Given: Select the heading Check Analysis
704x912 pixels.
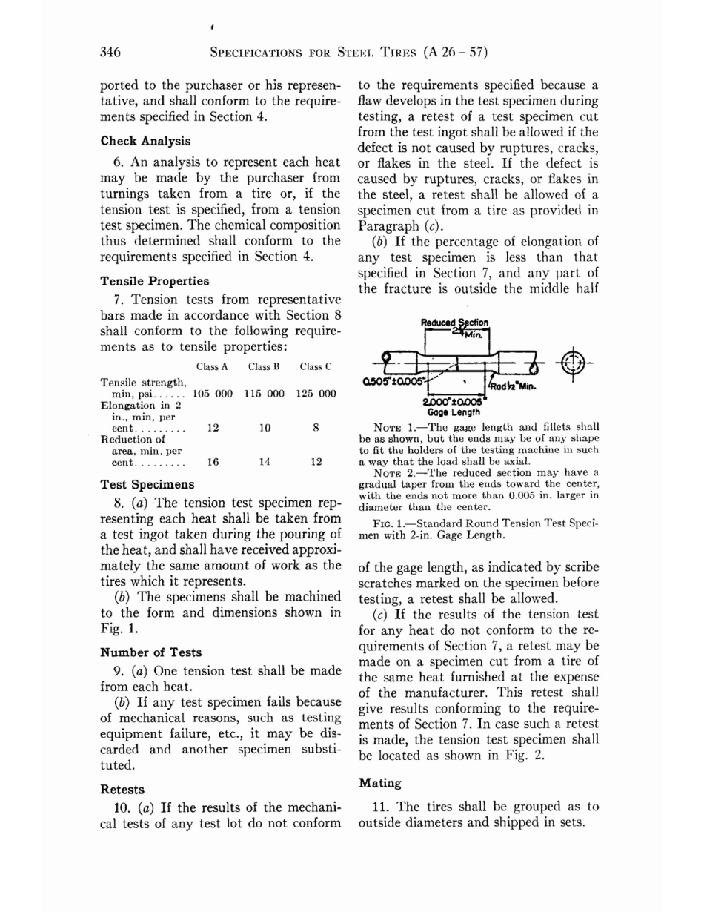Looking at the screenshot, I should pyautogui.click(x=145, y=141).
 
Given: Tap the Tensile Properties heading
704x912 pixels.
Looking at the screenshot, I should pyautogui.click(x=154, y=282).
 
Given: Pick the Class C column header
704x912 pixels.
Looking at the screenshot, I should pyautogui.click(x=316, y=366).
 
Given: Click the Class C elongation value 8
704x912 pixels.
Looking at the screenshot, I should pyautogui.click(x=316, y=428).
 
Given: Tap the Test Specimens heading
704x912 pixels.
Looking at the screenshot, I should pyautogui.click(x=147, y=485).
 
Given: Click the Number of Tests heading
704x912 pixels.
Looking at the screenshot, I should pyautogui.click(x=150, y=652).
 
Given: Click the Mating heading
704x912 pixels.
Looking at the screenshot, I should pyautogui.click(x=379, y=782).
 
